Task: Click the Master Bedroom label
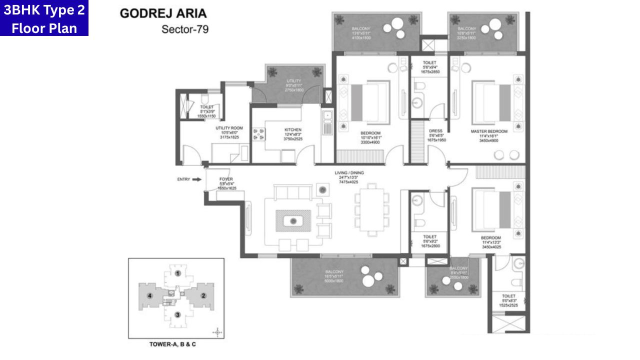(489, 131)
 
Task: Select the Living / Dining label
(349, 173)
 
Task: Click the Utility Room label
(229, 128)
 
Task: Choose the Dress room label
(436, 131)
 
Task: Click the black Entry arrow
(197, 179)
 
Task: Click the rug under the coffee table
(293, 220)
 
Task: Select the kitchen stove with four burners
(260, 133)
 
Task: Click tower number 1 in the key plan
(177, 273)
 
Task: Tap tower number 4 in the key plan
(149, 295)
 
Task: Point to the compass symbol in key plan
(216, 331)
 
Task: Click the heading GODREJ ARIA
(163, 13)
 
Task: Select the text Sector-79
(184, 29)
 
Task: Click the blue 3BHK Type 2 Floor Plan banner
(44, 18)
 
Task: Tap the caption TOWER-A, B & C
(176, 344)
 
